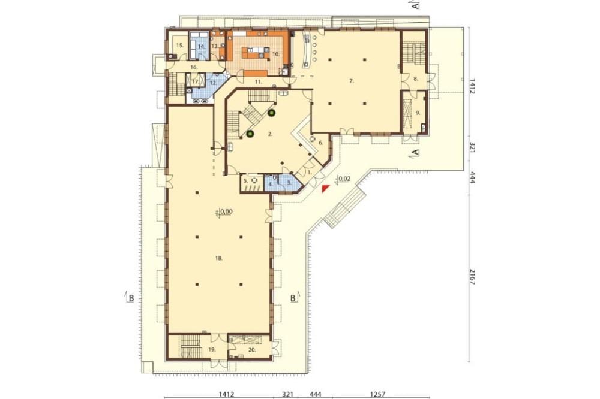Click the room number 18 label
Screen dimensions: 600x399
[218, 258]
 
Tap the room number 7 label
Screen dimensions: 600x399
[351, 81]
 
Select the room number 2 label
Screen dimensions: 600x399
[270, 134]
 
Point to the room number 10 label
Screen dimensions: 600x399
[276, 55]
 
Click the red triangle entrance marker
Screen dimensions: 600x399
[325, 188]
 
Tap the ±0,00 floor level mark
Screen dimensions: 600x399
[224, 212]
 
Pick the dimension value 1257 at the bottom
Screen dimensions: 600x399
[378, 394]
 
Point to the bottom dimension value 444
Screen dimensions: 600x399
[316, 394]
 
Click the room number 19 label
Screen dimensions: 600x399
[212, 349]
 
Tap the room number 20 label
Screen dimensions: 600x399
[252, 350]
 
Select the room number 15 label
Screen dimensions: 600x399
[180, 45]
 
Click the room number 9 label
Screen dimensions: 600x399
[418, 113]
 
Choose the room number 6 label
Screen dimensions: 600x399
[320, 143]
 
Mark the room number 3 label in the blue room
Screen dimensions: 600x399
[289, 183]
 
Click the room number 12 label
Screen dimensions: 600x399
[213, 83]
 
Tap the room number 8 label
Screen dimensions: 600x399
[416, 78]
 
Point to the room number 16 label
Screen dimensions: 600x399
[194, 67]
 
